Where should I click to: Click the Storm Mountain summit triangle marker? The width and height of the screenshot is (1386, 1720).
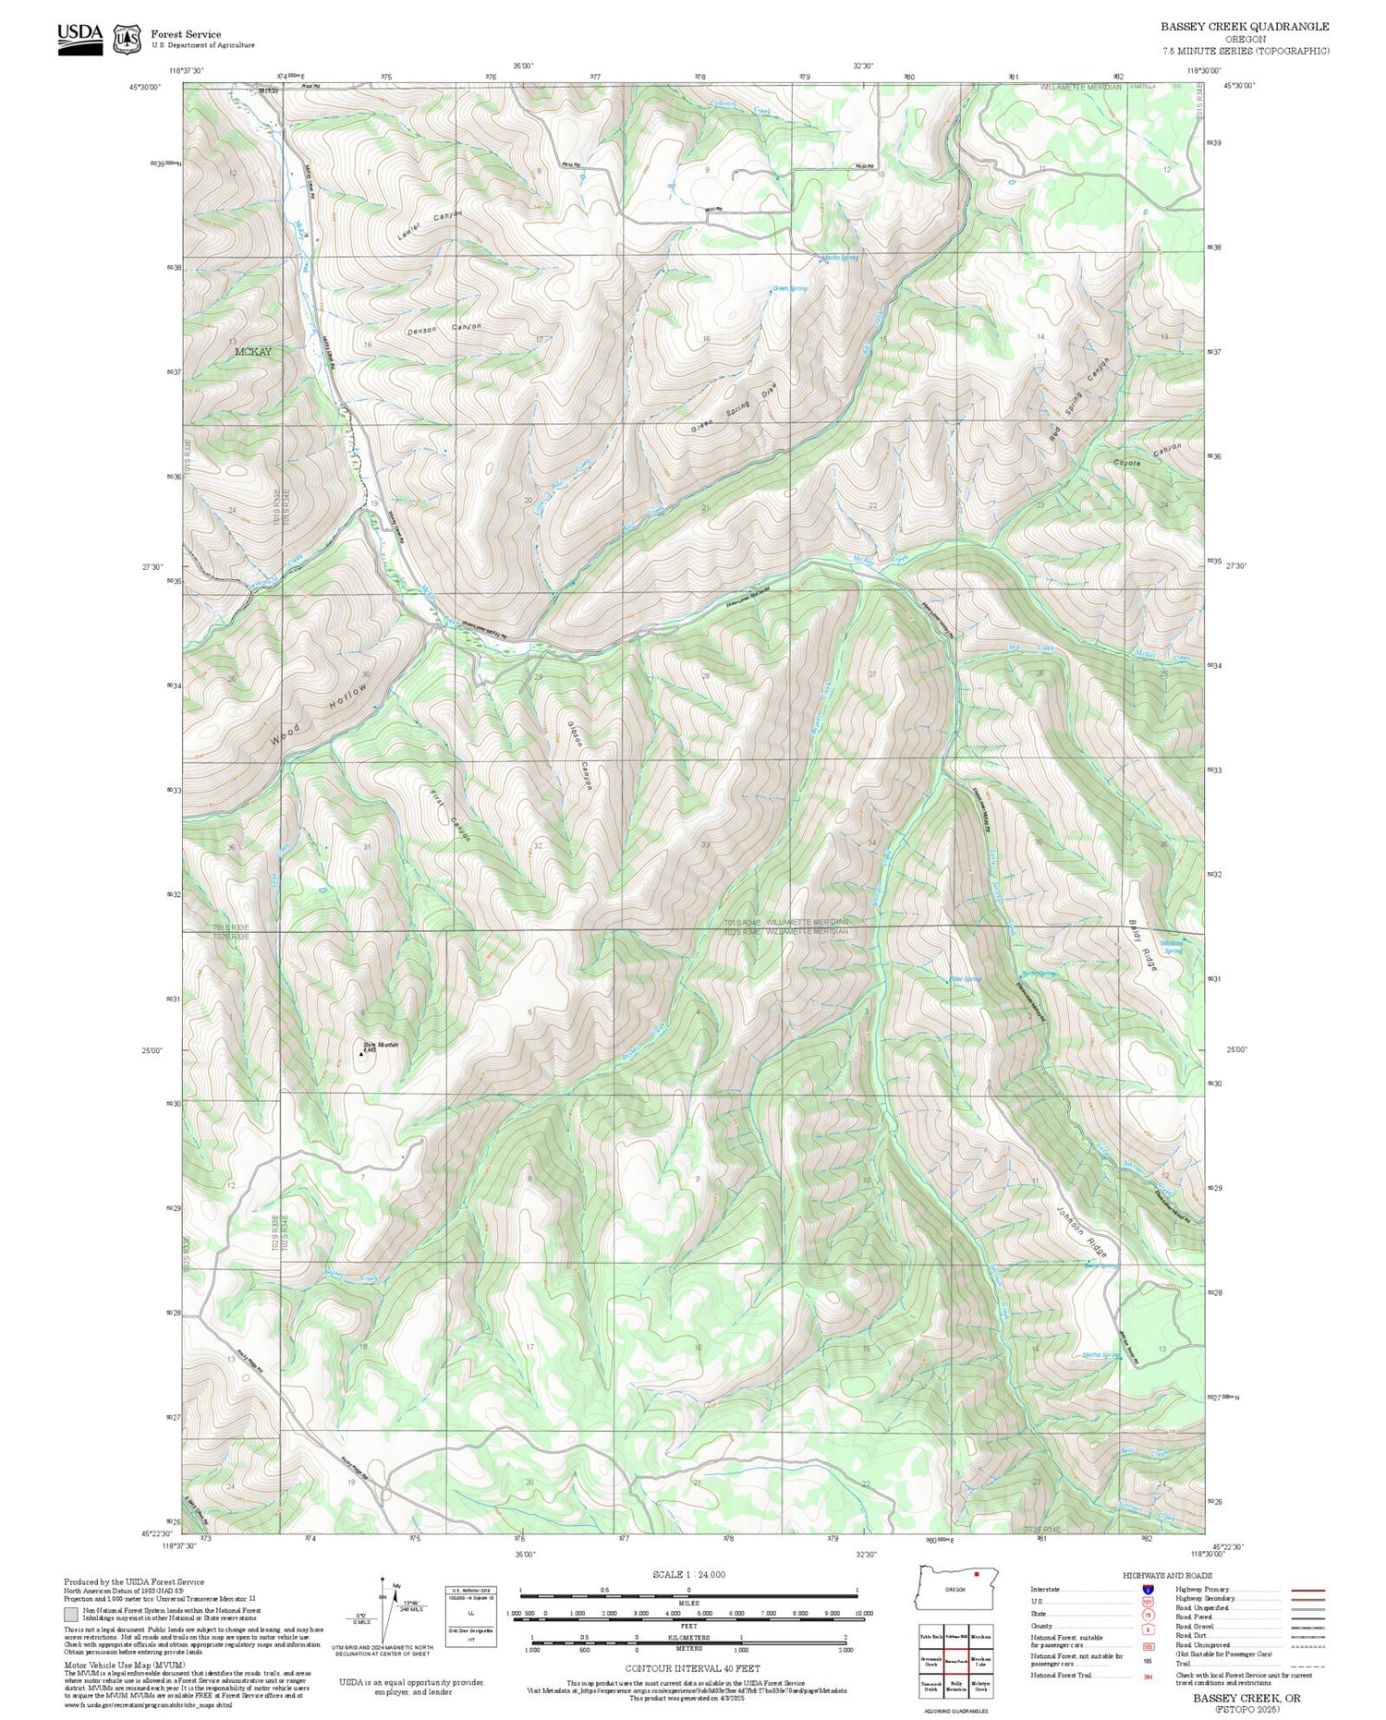click(x=361, y=1053)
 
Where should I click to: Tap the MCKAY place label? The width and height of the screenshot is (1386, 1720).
click(x=252, y=352)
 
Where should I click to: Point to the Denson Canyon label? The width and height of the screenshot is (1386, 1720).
click(x=444, y=329)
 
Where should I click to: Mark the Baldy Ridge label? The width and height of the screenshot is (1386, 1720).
click(x=1143, y=944)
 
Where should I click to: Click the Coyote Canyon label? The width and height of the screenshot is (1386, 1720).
click(x=1147, y=455)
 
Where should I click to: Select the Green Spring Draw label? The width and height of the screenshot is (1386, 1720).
click(x=736, y=409)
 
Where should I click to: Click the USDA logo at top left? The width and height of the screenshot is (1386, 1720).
click(x=80, y=39)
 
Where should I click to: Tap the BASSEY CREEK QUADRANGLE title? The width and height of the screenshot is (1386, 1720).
click(x=1245, y=27)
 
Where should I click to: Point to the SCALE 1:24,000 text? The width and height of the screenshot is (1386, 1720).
click(x=688, y=1574)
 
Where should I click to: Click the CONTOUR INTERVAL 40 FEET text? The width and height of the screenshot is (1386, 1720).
click(x=692, y=1668)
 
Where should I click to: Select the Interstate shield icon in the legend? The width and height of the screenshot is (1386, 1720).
click(x=1148, y=1589)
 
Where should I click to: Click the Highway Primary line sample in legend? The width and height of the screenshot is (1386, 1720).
click(x=1303, y=1590)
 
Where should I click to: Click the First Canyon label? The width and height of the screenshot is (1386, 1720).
click(x=451, y=815)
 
